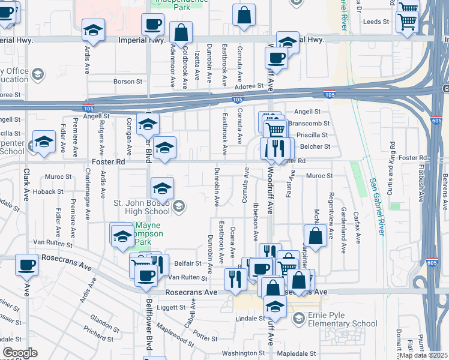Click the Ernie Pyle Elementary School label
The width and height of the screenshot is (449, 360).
(x=343, y=319)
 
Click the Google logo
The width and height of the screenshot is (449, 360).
(x=20, y=353)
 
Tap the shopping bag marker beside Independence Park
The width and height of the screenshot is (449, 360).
(x=244, y=16)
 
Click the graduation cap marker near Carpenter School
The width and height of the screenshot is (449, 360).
(x=44, y=142)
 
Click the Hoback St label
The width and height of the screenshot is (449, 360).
(x=52, y=191)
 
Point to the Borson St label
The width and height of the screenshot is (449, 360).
(x=128, y=81)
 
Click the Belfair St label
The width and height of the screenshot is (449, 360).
(x=188, y=263)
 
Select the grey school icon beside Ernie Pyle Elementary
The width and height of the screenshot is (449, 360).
(x=298, y=319)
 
